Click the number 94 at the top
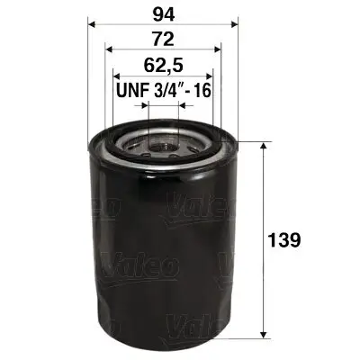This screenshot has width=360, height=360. [x=162, y=13]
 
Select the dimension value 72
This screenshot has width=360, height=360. [x=163, y=40]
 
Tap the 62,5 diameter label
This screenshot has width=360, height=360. [x=163, y=65]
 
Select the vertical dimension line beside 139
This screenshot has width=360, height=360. [x=262, y=198]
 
